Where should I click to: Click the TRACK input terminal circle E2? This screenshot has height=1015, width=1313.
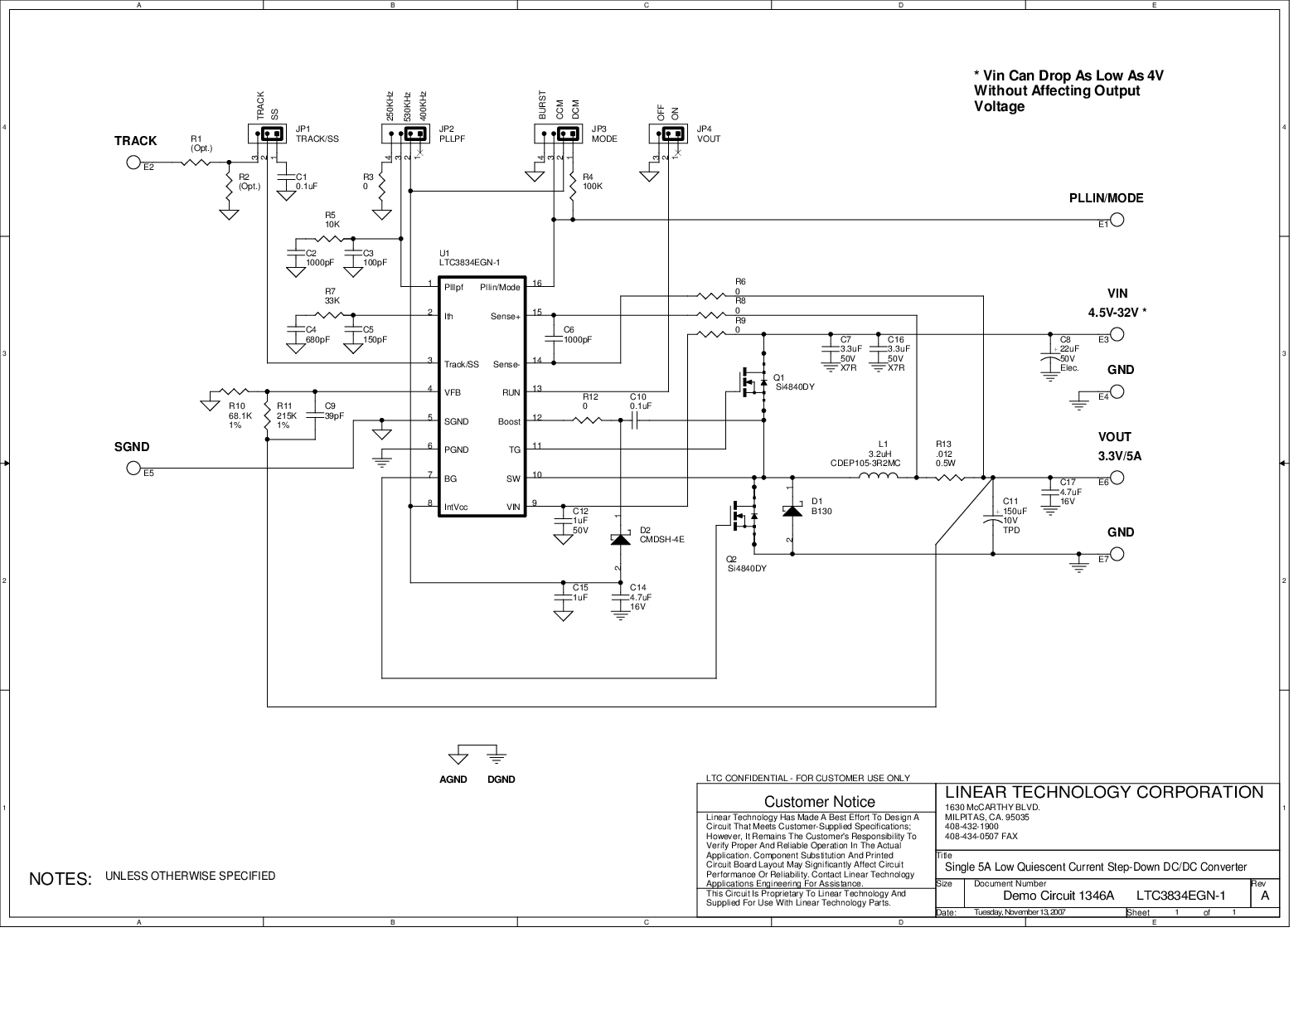tap(133, 162)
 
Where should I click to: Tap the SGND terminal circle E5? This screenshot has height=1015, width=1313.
tap(133, 468)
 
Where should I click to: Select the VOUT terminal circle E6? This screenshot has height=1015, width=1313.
tap(1117, 478)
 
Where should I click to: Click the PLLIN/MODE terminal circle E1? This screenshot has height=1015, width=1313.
tap(1117, 220)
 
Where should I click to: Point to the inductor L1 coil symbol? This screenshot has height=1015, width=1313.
tap(879, 476)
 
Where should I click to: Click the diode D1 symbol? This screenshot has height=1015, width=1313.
tap(792, 511)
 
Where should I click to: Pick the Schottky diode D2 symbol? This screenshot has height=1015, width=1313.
tap(621, 539)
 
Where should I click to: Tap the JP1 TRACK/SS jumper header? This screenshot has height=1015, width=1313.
tap(267, 134)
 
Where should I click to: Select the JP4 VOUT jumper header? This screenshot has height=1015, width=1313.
tap(667, 134)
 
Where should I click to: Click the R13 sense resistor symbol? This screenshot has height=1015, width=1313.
tap(951, 478)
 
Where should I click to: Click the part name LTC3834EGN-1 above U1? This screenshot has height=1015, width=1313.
tap(469, 263)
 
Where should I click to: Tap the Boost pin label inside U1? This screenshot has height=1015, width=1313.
tap(509, 421)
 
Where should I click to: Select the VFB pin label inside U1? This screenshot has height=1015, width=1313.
tap(453, 392)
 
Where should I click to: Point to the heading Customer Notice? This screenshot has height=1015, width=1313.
tap(819, 802)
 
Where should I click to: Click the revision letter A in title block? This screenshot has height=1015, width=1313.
tap(1265, 896)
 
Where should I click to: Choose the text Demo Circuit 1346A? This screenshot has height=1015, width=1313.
tap(1059, 896)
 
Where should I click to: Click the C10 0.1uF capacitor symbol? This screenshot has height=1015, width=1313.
tap(634, 420)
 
